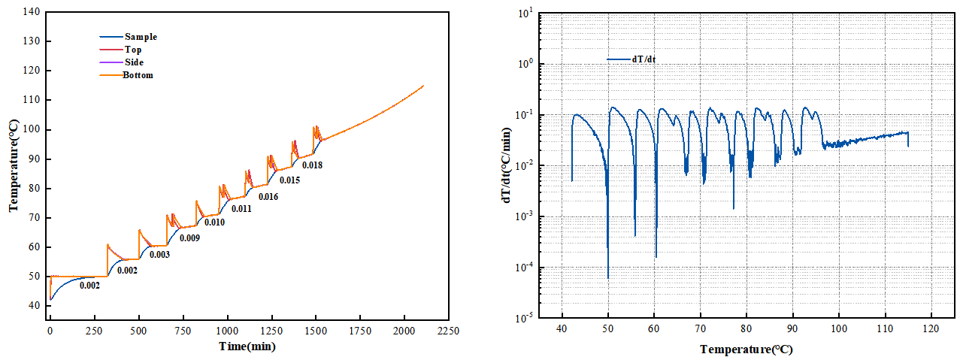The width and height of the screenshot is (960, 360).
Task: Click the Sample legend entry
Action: [x=141, y=37]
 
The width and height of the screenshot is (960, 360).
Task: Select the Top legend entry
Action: [x=133, y=50]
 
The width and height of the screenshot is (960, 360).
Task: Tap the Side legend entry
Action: [x=134, y=62]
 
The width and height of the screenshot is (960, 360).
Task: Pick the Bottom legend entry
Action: [x=138, y=75]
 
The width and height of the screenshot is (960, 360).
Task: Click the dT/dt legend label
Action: [x=644, y=59]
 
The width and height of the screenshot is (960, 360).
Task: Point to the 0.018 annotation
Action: [x=312, y=165]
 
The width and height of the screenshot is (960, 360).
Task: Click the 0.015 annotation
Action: [x=289, y=180]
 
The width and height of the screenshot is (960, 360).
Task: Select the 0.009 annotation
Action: [x=189, y=238]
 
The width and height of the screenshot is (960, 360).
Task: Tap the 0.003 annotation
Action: [x=159, y=255]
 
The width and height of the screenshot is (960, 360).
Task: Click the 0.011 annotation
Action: [x=241, y=209]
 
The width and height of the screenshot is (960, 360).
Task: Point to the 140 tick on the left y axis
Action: [x=32, y=12]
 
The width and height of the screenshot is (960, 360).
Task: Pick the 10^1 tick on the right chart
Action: [x=526, y=13]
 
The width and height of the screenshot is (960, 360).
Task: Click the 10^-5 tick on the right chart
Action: [x=526, y=318]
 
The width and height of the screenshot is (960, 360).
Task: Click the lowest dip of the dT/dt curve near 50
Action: [x=608, y=278]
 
